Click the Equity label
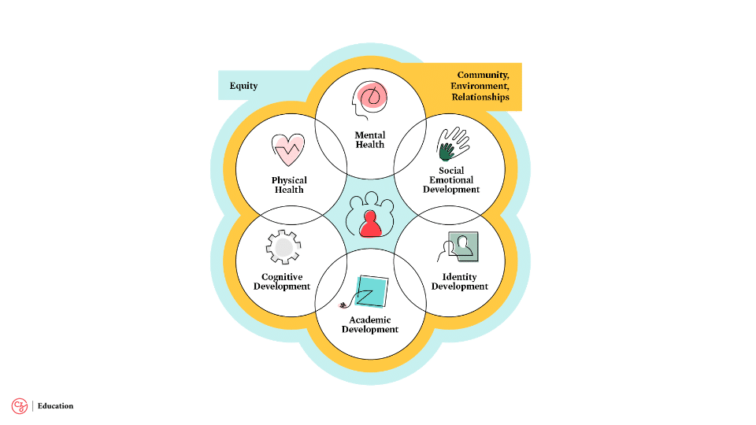[243, 86]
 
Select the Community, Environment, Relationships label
[480, 86]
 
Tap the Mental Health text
[369, 140]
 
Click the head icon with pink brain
[369, 102]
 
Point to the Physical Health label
[289, 185]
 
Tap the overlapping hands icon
[453, 144]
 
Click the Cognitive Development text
[282, 282]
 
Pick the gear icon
[283, 248]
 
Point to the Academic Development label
[369, 324]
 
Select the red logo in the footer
[19, 406]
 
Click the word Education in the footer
[55, 406]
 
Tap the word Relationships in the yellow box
[480, 97]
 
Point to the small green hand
[447, 150]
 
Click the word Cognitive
[282, 277]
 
